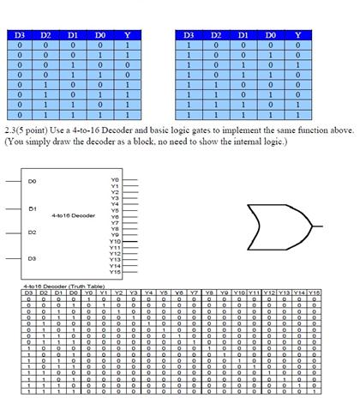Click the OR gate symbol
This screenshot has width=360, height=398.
pos(279,225)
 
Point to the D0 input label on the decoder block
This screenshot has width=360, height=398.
pos(32,182)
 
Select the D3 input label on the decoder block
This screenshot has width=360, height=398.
pos(32,256)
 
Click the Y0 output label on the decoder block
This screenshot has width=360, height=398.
pos(114,178)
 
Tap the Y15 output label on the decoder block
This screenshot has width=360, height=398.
pos(114,271)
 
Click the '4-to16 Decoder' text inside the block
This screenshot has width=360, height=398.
pos(73,214)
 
